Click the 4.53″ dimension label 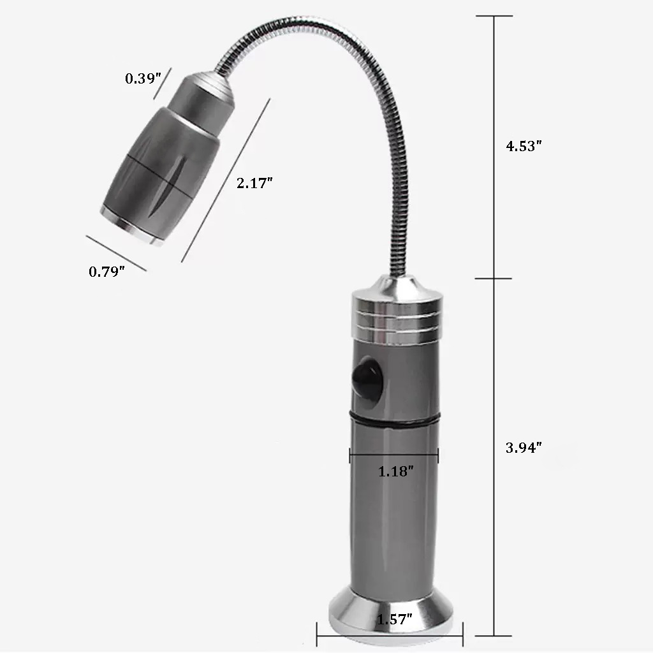tap(523, 145)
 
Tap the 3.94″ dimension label tap(523, 447)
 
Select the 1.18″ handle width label tap(396, 471)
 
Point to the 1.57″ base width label tap(394, 619)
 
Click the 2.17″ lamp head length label tap(254, 183)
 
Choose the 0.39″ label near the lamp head tap(140, 78)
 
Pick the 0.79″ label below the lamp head tap(106, 271)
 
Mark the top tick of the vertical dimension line tap(494, 16)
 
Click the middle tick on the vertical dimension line tap(494, 278)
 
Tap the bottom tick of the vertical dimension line tap(494, 635)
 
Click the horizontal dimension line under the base tap(390, 635)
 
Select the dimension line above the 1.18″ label tap(394, 454)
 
